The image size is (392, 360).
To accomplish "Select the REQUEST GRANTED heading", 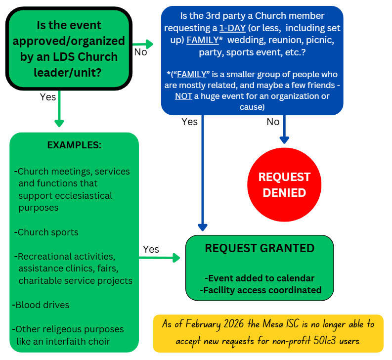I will point(260,248).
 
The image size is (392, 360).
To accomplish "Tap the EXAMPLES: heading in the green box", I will point(74,145).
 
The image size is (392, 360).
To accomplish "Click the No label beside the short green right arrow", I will point(140,52).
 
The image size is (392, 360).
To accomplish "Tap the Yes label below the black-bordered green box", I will point(48,97).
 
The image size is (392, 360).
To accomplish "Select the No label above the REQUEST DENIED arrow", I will point(273,122).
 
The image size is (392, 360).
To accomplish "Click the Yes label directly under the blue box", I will point(189,122).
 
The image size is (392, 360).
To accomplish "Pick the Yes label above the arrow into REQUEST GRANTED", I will point(151,249).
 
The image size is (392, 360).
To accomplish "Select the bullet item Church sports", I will point(47,232).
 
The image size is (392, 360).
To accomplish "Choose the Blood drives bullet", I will point(42,305).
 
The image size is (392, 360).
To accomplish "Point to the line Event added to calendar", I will point(260,278).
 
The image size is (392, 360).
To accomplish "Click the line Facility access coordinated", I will point(261,290).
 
